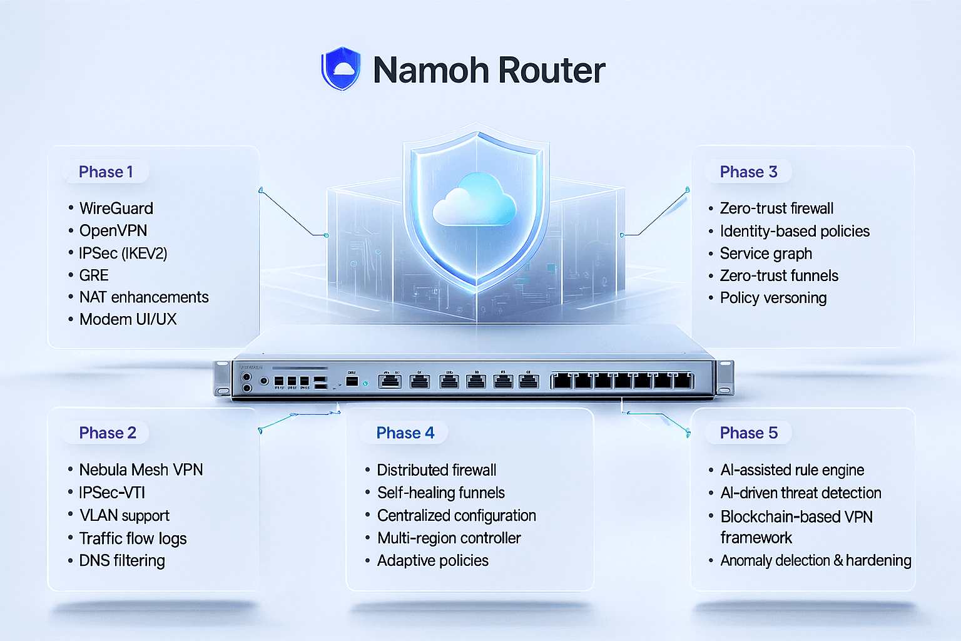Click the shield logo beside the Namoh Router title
341,68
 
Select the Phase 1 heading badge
106,172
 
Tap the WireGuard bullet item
116,208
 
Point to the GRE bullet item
94,275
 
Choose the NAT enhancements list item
143,297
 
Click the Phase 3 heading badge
748,172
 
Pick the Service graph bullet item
766,254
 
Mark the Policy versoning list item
773,298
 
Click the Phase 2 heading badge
107,433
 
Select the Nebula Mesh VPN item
141,469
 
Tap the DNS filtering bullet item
122,560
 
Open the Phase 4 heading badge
405,433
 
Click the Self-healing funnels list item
440,493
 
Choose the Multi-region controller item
449,538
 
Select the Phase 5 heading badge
748,433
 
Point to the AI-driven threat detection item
800,493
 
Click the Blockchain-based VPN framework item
796,526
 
